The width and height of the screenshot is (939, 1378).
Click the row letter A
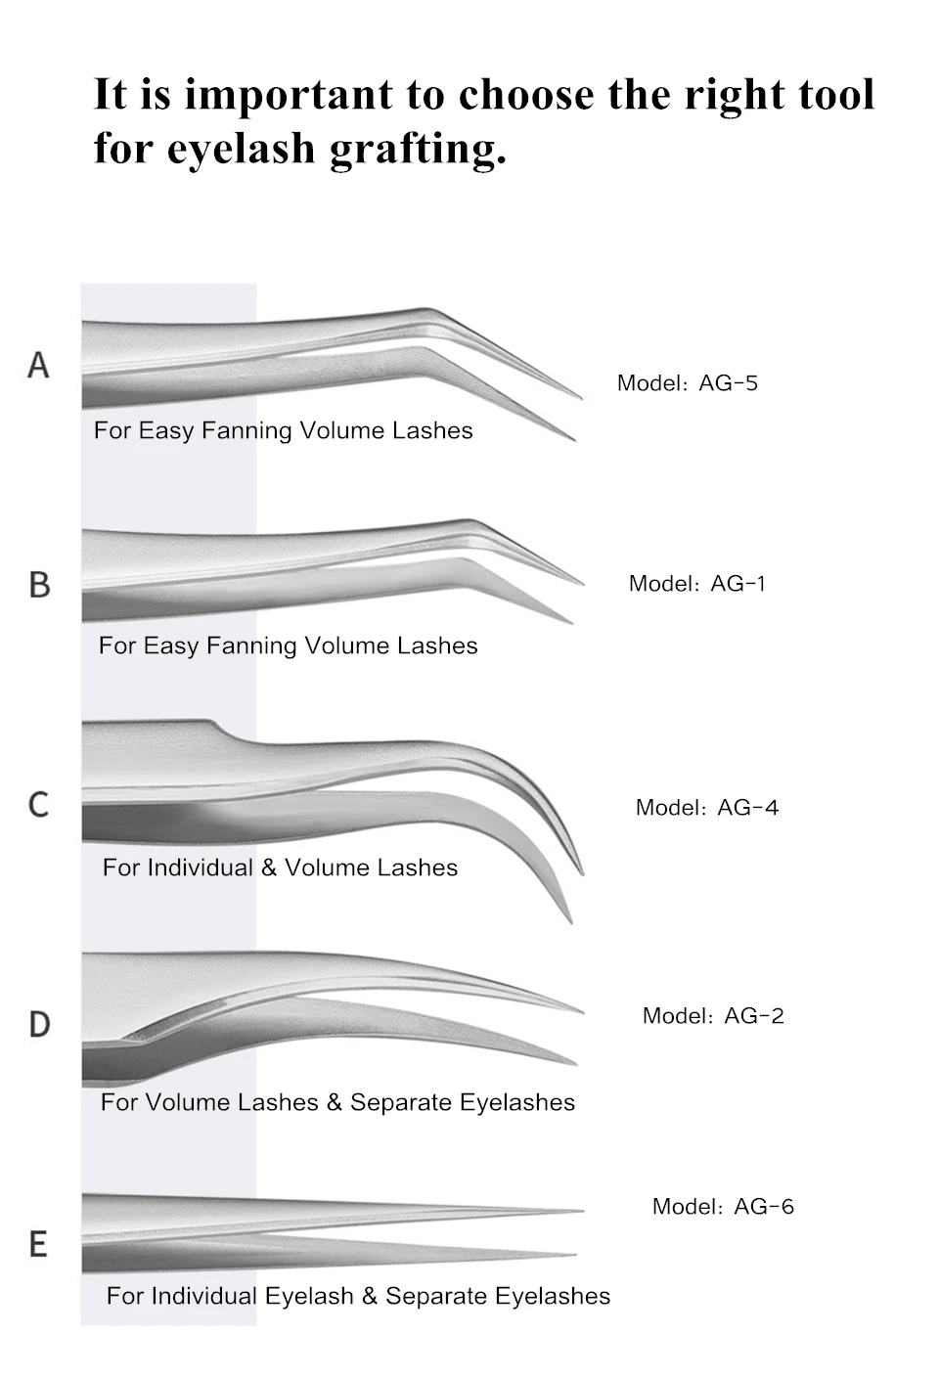[38, 365]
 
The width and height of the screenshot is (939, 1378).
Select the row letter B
[39, 585]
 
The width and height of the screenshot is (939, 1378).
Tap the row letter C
[38, 805]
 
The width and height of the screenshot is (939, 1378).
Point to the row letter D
[39, 1024]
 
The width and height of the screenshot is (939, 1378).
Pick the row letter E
[38, 1244]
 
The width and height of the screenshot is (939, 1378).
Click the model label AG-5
[687, 383]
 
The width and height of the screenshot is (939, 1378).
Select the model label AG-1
[696, 584]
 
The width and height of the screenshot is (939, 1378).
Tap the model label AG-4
[706, 808]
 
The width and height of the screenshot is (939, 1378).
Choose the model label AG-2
[713, 1016]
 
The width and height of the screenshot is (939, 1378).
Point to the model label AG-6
[723, 1207]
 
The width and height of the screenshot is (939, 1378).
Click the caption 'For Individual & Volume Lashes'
[280, 867]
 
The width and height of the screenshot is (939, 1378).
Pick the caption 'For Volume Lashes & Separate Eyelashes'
[337, 1102]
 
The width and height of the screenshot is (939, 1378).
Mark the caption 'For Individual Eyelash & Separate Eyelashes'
[358, 1296]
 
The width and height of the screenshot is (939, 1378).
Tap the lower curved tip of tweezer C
[569, 919]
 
